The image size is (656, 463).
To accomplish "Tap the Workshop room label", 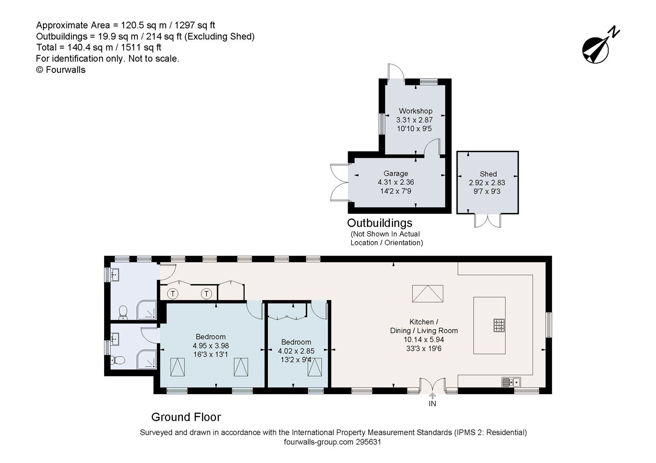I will [x=415, y=111].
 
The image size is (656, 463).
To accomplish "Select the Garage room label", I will [x=396, y=173].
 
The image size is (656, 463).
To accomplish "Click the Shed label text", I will [x=488, y=174].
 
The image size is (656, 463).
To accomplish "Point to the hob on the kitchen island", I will [x=499, y=325].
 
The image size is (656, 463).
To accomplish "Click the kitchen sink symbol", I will [x=511, y=382].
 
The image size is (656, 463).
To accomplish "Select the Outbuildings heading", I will [x=380, y=223].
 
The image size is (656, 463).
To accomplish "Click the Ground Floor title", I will [x=186, y=417].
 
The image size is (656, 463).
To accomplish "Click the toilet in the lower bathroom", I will [x=119, y=360].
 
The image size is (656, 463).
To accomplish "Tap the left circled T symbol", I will [x=173, y=293].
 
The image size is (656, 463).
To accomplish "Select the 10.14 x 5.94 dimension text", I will [x=424, y=340].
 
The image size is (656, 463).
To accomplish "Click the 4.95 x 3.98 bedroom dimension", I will [x=211, y=345].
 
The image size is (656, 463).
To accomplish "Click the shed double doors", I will [x=487, y=220].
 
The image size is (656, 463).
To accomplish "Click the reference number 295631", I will [x=369, y=442].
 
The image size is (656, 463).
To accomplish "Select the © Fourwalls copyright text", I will [x=61, y=70].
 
